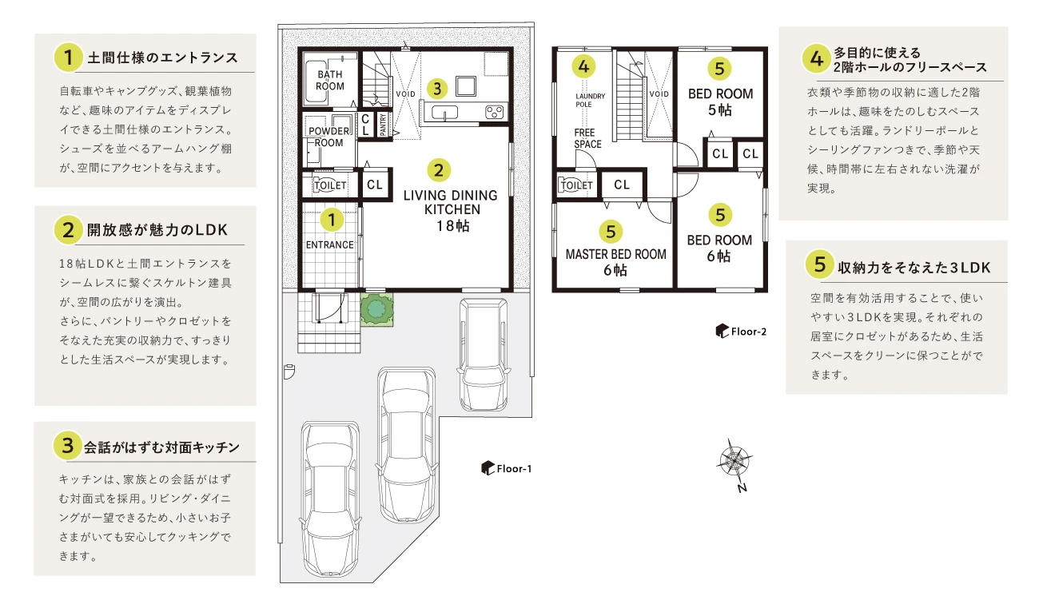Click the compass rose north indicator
point(734,460)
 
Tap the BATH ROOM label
point(330,80)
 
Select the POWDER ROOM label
point(328,137)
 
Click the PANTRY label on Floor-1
point(383,125)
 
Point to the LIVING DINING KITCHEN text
point(451,202)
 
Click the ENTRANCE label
point(330,244)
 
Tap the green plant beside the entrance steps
point(376,308)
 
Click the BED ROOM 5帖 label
point(720,101)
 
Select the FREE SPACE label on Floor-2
point(587,138)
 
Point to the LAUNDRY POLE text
point(590,100)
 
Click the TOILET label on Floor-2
point(576,185)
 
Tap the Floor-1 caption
point(507,468)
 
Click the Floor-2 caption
point(741,331)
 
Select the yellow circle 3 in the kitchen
point(437,88)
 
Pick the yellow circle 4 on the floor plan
point(583,66)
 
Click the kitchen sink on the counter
point(444,113)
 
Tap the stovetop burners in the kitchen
point(495,112)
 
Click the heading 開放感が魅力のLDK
point(157,230)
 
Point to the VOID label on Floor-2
point(659,94)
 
